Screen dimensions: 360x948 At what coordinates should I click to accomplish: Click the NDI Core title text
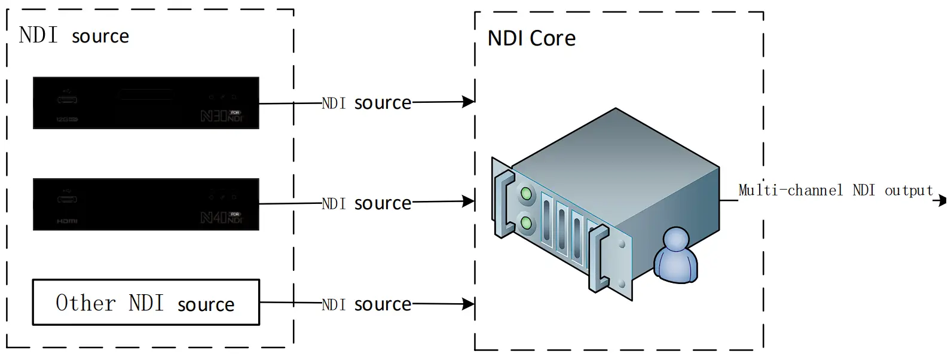pos(531,38)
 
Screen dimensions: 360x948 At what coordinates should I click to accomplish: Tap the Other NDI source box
pos(146,303)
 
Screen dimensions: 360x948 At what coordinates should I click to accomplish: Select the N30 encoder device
pos(146,103)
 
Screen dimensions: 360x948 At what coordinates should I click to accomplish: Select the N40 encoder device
pos(146,204)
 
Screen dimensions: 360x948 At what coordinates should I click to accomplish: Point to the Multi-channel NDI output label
pos(835,191)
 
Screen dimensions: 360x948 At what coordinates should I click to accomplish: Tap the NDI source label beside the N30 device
pos(366,103)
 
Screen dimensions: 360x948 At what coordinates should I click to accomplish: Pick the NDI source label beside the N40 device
pos(366,203)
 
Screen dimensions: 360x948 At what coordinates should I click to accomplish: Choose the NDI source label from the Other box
pos(366,304)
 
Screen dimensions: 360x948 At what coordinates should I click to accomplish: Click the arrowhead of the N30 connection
pos(468,102)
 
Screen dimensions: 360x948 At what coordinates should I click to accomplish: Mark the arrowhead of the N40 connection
pos(468,202)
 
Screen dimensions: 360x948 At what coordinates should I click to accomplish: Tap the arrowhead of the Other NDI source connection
pos(468,304)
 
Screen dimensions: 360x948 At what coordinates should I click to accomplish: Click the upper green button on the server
pos(526,193)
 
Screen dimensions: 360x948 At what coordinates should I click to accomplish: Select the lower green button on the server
pos(526,224)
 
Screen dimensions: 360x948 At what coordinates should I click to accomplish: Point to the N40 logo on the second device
pos(221,217)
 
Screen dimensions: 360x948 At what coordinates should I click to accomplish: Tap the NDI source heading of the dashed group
pos(74,36)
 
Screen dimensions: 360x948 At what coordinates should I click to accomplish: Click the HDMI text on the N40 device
pos(67,221)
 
